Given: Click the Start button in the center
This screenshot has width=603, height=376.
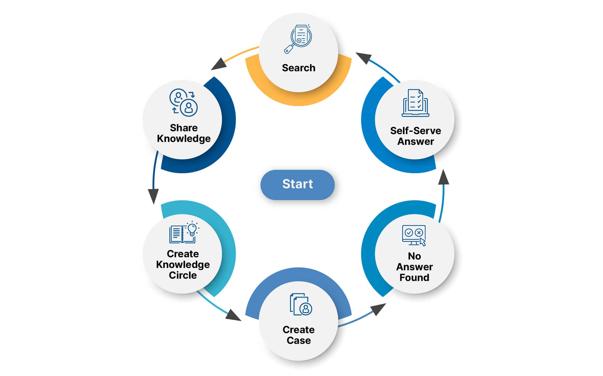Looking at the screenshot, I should (297, 185).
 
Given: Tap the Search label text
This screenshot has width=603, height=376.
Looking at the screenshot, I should (298, 68).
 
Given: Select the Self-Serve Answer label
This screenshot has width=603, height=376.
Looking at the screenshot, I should (415, 136).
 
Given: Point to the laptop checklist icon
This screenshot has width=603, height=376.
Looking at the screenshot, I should (415, 103).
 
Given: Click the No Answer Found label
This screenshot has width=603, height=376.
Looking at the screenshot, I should (414, 267).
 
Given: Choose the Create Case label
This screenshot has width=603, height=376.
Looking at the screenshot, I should (298, 335).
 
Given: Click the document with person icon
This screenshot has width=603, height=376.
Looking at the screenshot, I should (301, 304).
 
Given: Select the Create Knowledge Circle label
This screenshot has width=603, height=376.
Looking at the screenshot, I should (183, 264).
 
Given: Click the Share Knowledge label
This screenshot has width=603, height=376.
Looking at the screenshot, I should (184, 133).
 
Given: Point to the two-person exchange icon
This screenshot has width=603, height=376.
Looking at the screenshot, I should (184, 103).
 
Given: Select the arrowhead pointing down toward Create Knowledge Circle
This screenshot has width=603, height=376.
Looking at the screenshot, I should (153, 196).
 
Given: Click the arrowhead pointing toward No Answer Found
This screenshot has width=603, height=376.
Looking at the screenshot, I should (378, 309).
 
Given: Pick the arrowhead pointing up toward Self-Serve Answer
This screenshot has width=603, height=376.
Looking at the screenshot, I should (443, 177).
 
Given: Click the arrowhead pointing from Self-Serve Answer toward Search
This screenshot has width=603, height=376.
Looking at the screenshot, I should (364, 58).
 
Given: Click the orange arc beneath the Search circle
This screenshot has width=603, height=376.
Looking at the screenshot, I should (298, 98).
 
